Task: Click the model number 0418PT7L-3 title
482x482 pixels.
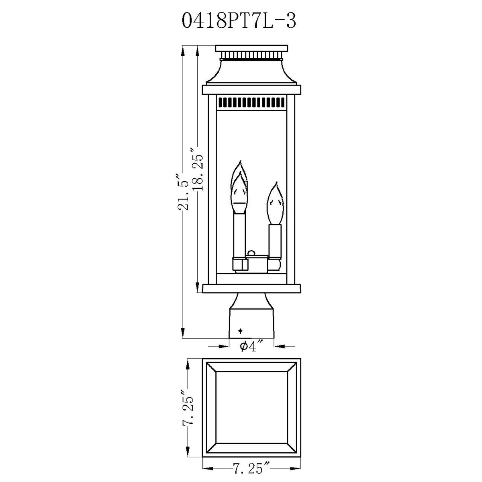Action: (239, 20)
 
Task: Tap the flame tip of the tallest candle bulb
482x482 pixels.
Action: (240, 161)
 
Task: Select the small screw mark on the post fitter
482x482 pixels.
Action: (240, 331)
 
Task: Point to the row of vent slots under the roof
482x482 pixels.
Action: (251, 102)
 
